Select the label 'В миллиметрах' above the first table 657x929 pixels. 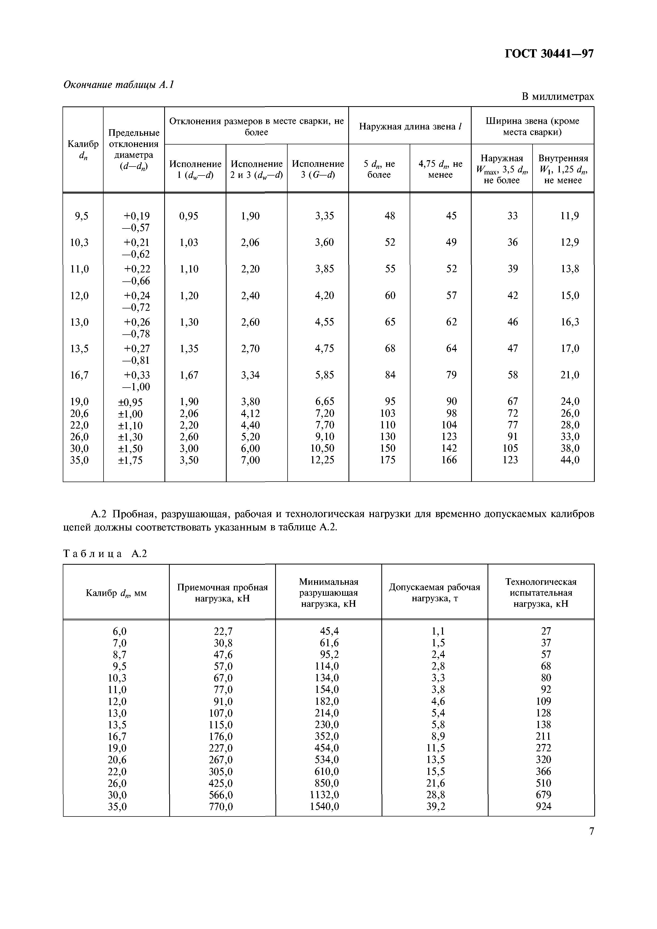tap(557, 97)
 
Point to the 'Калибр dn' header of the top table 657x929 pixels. tap(83, 149)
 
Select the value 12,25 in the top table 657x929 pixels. tap(322, 460)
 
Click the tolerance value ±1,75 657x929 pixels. tap(130, 460)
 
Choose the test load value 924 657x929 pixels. tap(543, 806)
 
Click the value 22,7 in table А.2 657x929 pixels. tap(223, 631)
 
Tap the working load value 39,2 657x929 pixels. tap(436, 806)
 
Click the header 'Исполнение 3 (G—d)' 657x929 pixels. tap(318, 169)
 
